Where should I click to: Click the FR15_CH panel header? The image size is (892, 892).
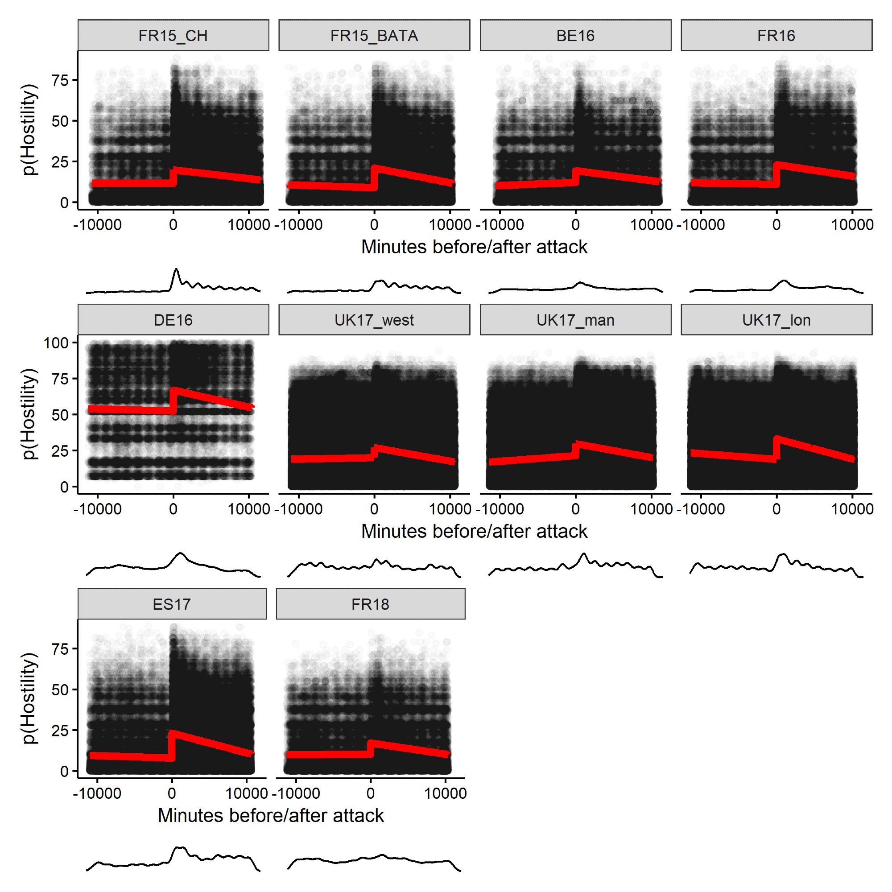tap(173, 36)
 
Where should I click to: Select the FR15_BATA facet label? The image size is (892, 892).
tap(374, 36)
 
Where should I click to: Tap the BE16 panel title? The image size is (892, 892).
tap(575, 36)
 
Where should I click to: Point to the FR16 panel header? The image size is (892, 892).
tap(776, 36)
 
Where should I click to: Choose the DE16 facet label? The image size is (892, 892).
tap(173, 320)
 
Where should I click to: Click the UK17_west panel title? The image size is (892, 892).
tap(374, 320)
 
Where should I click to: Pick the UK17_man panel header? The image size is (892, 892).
tap(575, 320)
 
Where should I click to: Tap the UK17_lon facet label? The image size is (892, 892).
tap(776, 320)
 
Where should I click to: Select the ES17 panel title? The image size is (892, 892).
tap(172, 604)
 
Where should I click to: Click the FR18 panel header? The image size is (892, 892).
tap(370, 604)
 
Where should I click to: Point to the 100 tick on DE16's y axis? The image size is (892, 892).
tap(56, 343)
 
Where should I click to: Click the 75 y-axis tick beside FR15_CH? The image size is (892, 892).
tap(60, 81)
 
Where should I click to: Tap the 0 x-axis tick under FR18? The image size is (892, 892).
tap(370, 793)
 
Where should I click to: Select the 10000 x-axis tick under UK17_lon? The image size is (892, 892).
tap(852, 509)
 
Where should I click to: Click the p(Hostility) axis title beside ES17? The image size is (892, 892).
tap(29, 698)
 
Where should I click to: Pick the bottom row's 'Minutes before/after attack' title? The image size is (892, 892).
tap(271, 815)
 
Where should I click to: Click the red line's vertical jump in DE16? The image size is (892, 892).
tap(173, 400)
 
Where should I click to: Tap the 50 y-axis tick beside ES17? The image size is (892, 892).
tap(60, 690)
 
